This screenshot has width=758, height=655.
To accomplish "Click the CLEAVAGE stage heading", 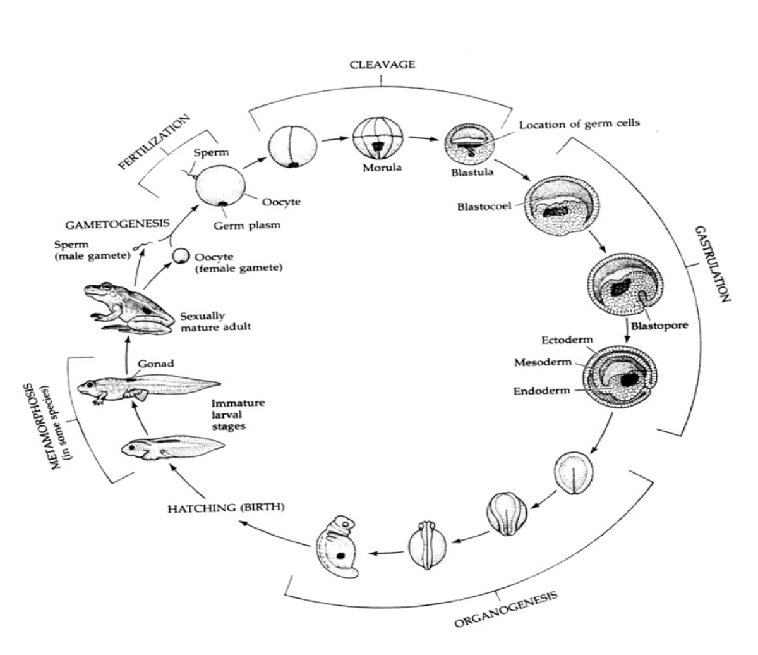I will [x=383, y=64].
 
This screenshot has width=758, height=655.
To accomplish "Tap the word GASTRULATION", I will [x=712, y=263].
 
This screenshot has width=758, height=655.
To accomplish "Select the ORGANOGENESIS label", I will [x=507, y=609].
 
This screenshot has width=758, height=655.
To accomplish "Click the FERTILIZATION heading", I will [x=154, y=142].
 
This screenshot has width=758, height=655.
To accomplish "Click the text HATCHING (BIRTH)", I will [x=226, y=507].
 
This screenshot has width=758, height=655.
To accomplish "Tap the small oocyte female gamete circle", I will [x=181, y=255].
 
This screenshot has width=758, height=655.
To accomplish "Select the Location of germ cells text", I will [x=579, y=124].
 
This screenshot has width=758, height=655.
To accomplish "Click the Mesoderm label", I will [x=542, y=362].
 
